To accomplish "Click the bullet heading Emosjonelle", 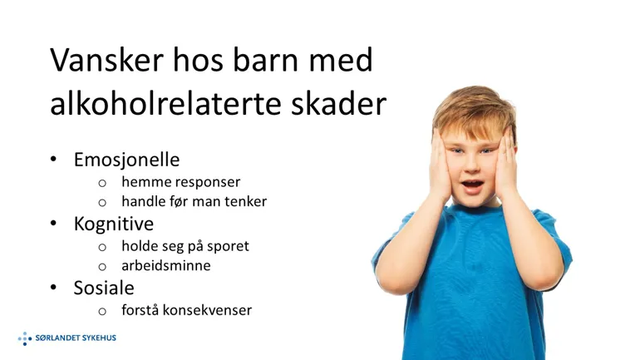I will click(x=126, y=159).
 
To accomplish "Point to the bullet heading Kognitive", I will click(x=113, y=223).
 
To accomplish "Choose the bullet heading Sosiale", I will click(x=103, y=288).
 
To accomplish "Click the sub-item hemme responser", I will click(x=180, y=181).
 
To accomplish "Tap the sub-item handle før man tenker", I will click(x=194, y=201).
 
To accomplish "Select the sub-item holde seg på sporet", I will click(x=185, y=246).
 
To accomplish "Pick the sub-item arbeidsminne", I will click(x=165, y=266).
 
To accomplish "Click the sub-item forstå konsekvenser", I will click(x=186, y=310).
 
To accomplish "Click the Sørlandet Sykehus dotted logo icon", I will click(x=24, y=338).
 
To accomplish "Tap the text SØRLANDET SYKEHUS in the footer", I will click(x=76, y=338).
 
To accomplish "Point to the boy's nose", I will click(x=470, y=164).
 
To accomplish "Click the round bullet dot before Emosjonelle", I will click(x=54, y=159).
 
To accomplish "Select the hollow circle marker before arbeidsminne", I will click(x=102, y=267).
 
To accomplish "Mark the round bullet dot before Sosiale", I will click(x=54, y=288).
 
